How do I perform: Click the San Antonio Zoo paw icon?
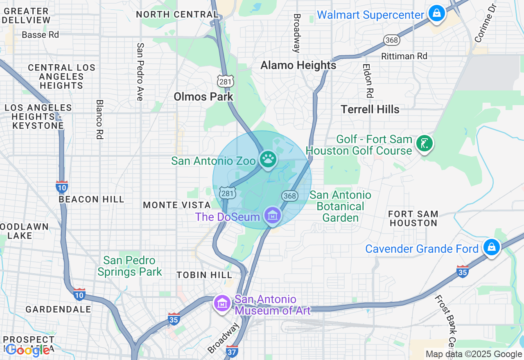268,159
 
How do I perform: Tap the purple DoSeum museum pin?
272,215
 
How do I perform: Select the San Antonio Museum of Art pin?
222,303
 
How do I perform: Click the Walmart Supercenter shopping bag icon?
437,13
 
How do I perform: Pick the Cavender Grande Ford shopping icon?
491,248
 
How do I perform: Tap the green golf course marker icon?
425,144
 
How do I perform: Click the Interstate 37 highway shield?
232,351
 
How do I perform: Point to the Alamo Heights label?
298,65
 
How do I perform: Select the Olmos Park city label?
203,97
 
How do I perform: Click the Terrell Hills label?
370,110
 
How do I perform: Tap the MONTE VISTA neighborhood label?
176,205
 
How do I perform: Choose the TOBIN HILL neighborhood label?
204,275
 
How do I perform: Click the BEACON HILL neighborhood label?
91,200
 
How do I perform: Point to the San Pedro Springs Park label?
130,266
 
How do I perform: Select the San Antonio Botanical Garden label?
340,206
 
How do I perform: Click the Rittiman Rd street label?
404,56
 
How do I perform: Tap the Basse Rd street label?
40,35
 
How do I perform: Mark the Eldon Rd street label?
369,81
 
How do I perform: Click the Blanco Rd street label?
99,119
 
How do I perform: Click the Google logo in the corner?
28,350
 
